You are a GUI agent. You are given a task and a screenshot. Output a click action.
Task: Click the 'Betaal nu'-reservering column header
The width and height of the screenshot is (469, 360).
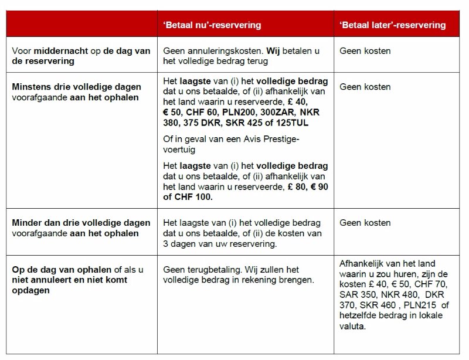click(x=212, y=25)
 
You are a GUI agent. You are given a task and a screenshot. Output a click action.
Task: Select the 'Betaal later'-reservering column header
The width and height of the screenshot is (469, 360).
click(x=393, y=25)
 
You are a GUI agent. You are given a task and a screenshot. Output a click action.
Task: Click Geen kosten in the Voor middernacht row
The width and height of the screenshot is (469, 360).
click(x=365, y=51)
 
